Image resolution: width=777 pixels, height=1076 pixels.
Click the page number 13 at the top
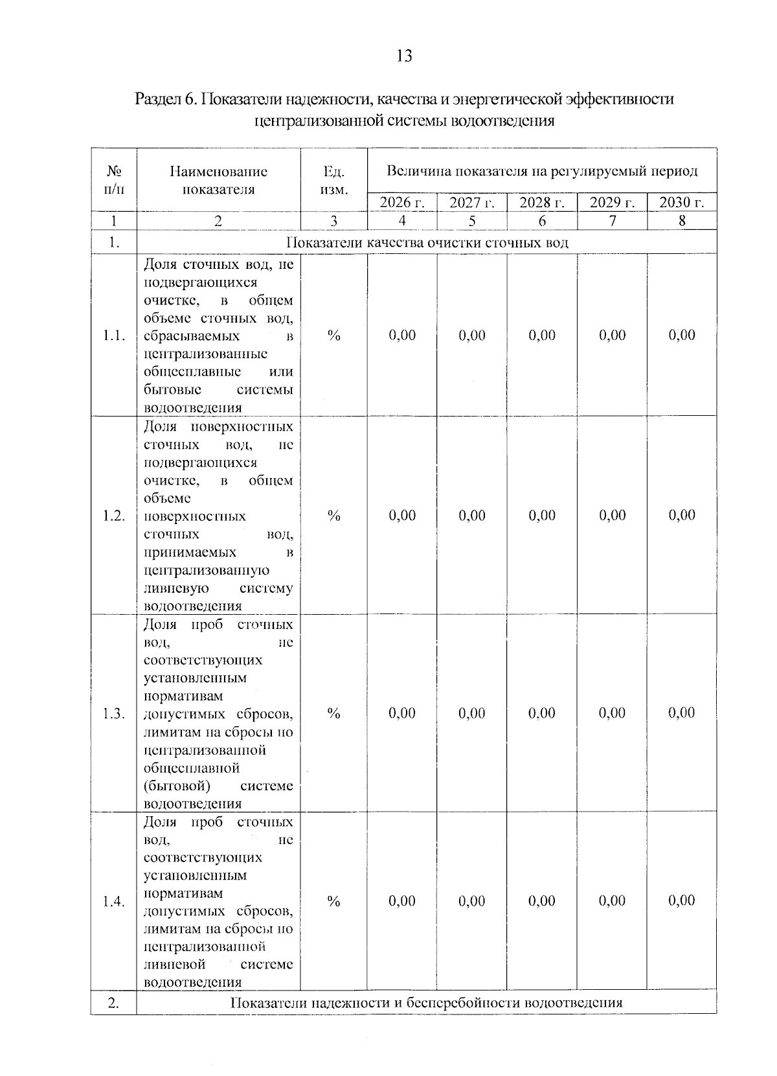click(x=403, y=56)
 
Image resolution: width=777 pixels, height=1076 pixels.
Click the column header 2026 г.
click(x=402, y=203)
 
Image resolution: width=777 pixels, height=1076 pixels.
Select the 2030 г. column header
click(x=682, y=203)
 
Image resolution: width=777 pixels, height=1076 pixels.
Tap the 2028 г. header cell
click(x=542, y=203)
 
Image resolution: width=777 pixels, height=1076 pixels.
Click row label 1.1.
click(x=114, y=336)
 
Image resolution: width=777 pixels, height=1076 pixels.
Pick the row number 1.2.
click(x=114, y=516)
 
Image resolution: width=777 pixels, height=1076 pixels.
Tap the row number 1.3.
click(x=114, y=714)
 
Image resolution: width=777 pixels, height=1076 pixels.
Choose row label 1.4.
click(x=114, y=902)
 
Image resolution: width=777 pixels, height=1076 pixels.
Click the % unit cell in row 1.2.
click(x=334, y=516)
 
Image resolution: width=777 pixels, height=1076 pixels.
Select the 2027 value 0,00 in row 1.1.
click(x=472, y=336)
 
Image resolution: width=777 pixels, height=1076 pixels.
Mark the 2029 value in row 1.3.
click(x=612, y=713)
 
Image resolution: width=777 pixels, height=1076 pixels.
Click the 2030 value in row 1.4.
click(x=682, y=901)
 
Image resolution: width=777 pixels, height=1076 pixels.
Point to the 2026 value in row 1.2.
click(x=402, y=516)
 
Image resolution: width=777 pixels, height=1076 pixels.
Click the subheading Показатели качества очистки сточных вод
click(x=427, y=243)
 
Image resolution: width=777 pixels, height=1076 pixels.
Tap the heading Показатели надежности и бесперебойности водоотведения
click(x=427, y=1003)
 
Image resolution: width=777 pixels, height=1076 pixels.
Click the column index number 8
click(x=682, y=221)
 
